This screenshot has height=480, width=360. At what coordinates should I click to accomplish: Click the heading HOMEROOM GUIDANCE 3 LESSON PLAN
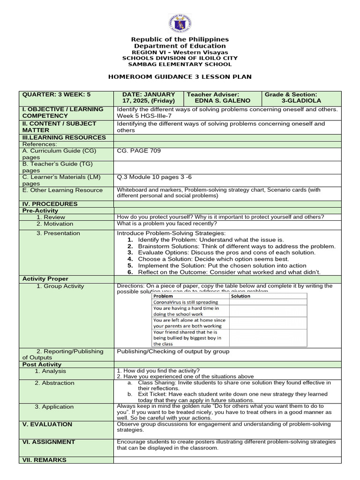(180, 77)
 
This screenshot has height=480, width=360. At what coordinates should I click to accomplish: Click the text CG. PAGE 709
(138, 151)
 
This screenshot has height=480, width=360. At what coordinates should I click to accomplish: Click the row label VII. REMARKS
(45, 460)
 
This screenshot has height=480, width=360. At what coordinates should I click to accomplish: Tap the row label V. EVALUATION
(47, 424)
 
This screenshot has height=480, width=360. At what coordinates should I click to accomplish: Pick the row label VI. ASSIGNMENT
(49, 442)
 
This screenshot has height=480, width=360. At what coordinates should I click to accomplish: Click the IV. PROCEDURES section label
(50, 204)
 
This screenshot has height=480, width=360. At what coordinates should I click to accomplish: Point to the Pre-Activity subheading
(40, 211)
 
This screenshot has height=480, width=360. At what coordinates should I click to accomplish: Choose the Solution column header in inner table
(241, 296)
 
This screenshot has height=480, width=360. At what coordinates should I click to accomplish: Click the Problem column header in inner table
(163, 296)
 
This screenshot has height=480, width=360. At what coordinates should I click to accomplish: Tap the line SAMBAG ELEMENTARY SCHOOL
(180, 64)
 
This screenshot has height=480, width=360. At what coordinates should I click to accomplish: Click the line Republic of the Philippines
(180, 39)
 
